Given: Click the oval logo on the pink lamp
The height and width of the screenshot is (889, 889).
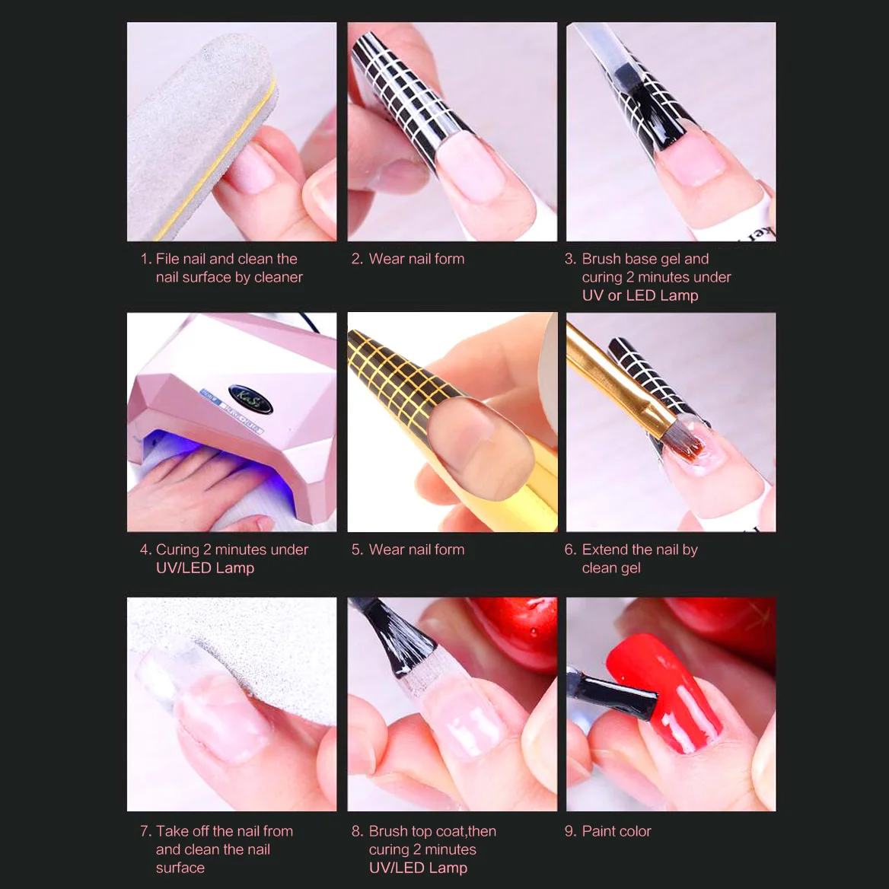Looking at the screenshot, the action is point(250,399).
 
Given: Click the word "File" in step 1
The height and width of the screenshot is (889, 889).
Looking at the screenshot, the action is point(167,259).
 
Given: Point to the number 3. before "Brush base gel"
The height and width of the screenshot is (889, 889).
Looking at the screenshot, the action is point(570,259).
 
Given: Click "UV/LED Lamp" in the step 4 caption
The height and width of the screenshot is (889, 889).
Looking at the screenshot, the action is point(206,568).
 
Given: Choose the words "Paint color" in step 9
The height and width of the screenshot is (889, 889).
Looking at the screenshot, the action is point(617,831).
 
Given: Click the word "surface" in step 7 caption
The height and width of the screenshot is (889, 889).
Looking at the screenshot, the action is point(180,868).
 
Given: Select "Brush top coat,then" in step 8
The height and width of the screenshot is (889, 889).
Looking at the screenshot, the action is point(432,831).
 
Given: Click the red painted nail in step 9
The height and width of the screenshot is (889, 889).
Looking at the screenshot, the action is point(664,693).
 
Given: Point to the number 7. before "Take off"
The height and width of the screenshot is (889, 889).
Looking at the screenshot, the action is point(145,831).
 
